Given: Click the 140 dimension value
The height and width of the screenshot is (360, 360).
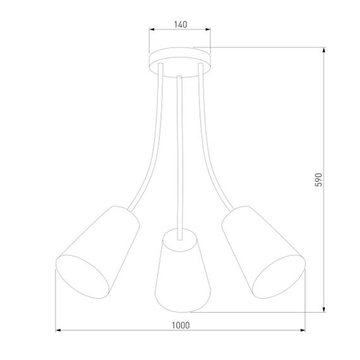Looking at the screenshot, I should click(180, 25).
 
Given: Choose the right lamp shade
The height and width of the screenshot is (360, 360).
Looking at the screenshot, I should click(260, 249).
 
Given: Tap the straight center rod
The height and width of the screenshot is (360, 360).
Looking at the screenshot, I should click(181, 152).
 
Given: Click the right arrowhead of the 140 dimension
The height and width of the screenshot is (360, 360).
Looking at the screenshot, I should click(209, 30).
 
